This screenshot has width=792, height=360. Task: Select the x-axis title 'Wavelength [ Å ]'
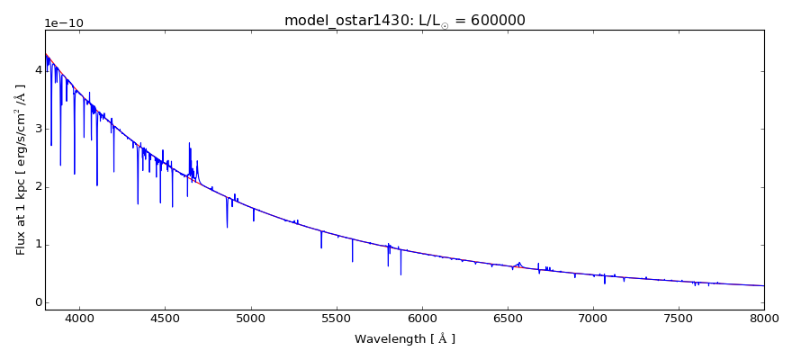click(404, 339)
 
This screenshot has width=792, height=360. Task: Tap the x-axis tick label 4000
click(79, 317)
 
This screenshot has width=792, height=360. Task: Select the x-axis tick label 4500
click(165, 317)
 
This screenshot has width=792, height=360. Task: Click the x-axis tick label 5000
click(250, 317)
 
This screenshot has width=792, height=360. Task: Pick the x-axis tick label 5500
click(336, 317)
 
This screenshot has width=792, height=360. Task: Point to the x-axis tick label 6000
click(421, 317)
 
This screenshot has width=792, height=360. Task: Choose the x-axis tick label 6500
click(507, 317)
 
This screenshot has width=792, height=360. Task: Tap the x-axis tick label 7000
click(593, 317)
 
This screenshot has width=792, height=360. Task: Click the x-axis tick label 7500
click(679, 317)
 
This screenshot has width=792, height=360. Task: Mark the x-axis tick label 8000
click(763, 317)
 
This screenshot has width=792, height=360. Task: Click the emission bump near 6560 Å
click(518, 264)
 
